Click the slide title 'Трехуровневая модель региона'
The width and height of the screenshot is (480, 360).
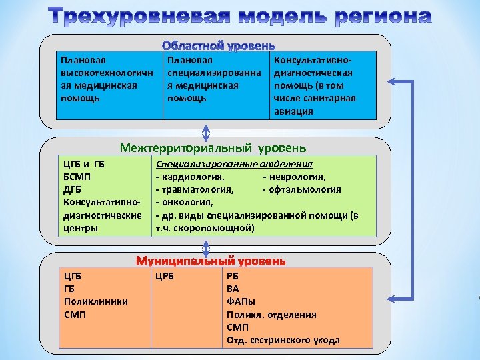point(239,15)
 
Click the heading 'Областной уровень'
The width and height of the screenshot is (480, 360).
point(219,46)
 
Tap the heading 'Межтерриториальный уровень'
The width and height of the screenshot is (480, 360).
point(213,147)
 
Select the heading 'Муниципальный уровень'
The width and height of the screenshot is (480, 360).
point(211,261)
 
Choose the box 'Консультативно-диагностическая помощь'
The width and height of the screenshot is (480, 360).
point(322,85)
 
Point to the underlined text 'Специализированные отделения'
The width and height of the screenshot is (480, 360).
point(234,164)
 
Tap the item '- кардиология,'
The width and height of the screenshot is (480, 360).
point(189,177)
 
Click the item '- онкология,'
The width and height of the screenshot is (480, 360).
point(184,202)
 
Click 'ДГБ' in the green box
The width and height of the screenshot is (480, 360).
point(73,189)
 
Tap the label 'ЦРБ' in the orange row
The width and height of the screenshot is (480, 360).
point(164,275)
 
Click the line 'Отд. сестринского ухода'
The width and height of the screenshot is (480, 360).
point(283,340)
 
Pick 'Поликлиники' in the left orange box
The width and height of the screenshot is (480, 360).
point(95,301)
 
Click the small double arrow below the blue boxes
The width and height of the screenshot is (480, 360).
point(206,133)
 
